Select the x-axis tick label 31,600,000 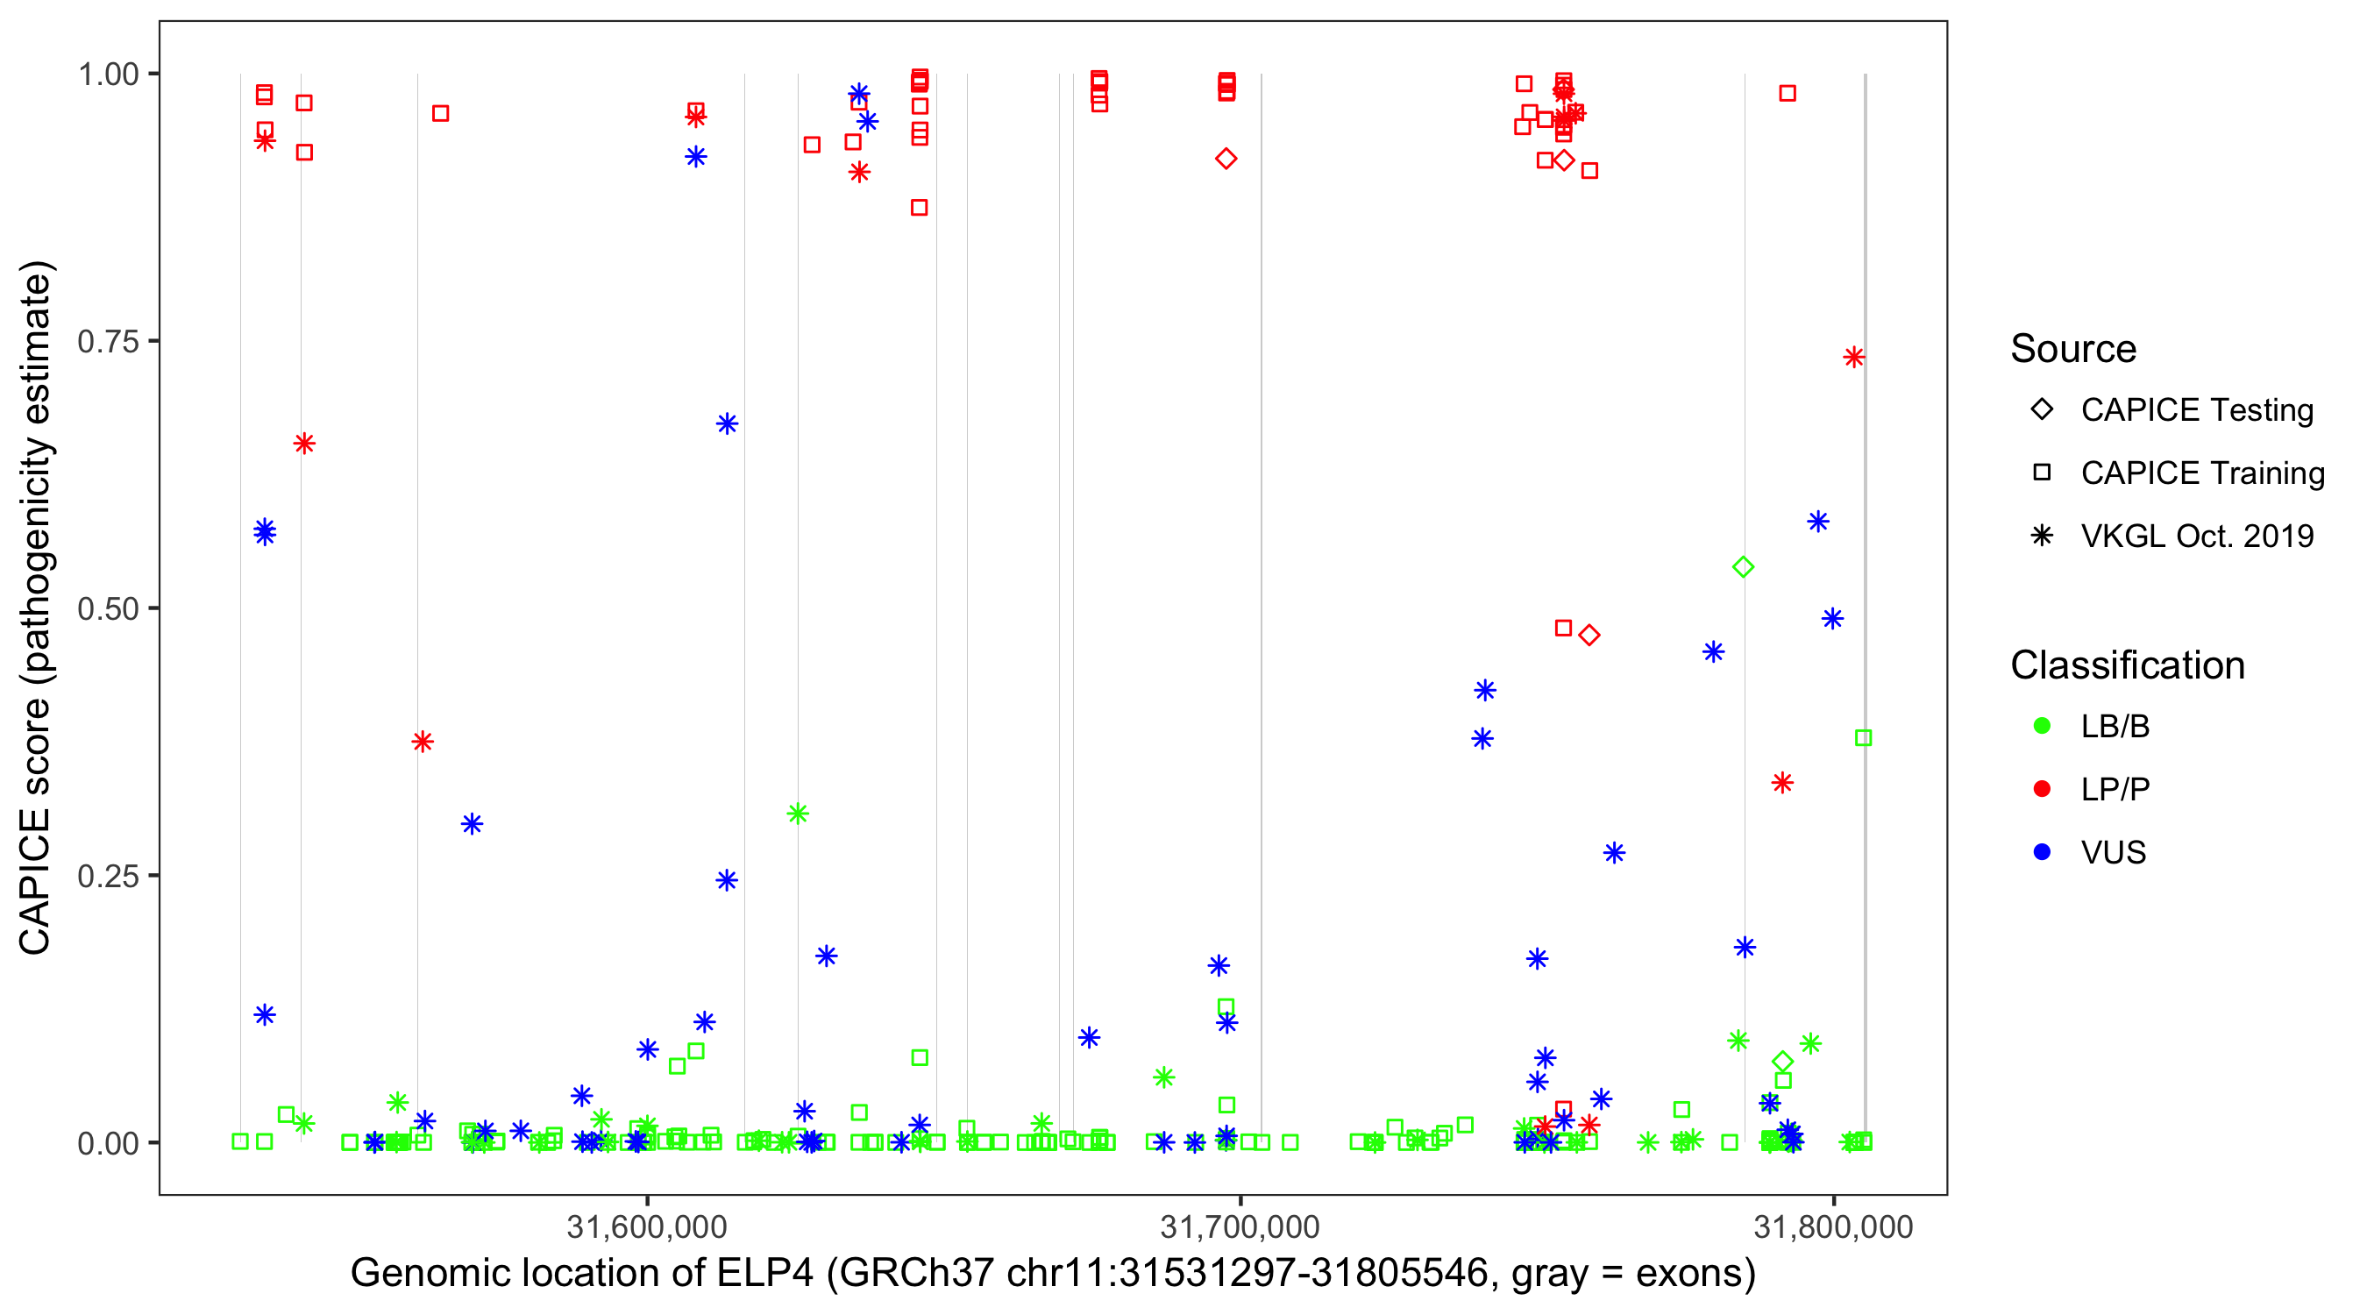(x=647, y=1226)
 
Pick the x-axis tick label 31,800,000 (x=1833, y=1226)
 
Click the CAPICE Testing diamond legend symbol (x=2042, y=410)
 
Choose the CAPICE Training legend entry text (x=2202, y=473)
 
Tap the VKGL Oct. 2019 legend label (x=2197, y=537)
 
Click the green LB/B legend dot (x=2042, y=727)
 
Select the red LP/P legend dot (x=2042, y=789)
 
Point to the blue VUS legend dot (x=2042, y=853)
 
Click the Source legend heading (x=2073, y=349)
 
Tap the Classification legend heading (x=2127, y=665)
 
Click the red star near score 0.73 (x=1853, y=358)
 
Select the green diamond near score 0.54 (x=1743, y=568)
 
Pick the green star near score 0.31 (x=798, y=814)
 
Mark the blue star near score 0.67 (x=727, y=424)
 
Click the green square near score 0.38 (x=1864, y=738)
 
